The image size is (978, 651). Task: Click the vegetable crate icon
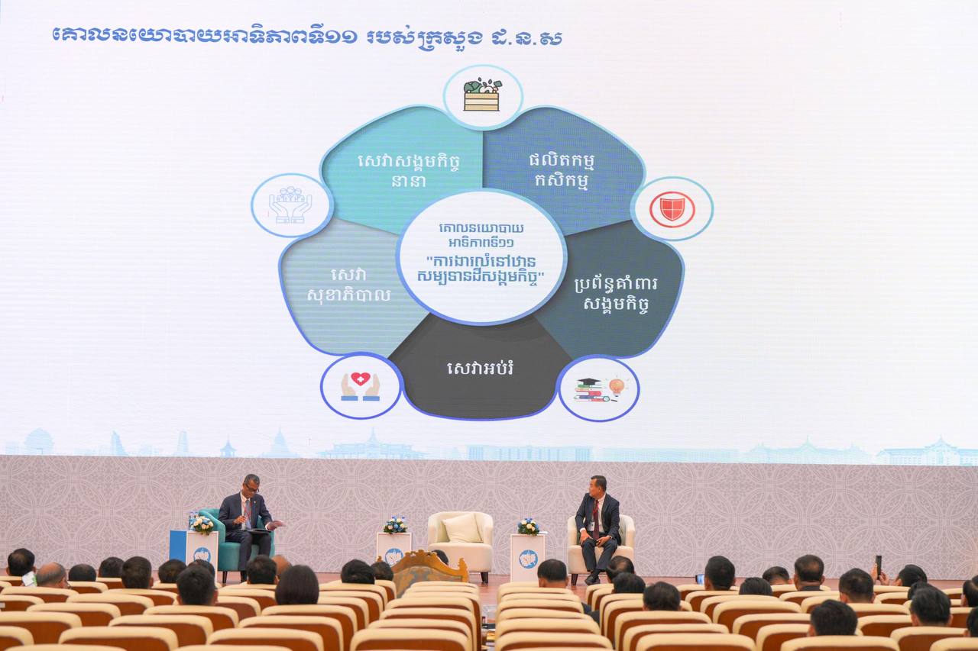point(482,95)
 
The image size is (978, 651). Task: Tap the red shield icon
point(672,209)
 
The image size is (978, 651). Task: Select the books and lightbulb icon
point(598,389)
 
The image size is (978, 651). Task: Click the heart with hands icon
point(361,386)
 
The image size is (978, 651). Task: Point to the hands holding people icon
point(291,205)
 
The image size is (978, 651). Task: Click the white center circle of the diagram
point(481,257)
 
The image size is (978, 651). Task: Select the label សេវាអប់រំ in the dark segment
point(481,369)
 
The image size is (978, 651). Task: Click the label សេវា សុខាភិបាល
point(348,285)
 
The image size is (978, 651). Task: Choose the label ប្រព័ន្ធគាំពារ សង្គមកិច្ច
point(616,294)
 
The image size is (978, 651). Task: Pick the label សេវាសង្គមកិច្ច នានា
point(408,170)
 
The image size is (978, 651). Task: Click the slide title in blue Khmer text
point(306,37)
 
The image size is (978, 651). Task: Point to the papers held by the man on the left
point(275,524)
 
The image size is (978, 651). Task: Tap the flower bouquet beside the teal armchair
point(202,524)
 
